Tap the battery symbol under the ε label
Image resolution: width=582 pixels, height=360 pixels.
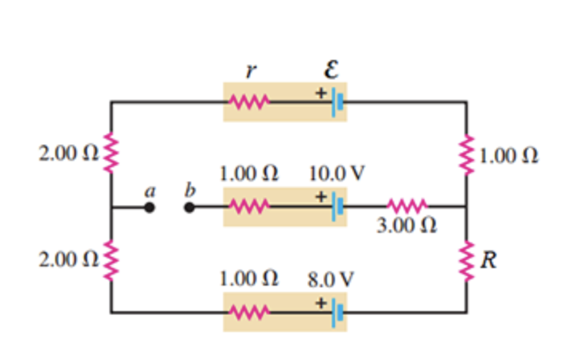click(x=340, y=102)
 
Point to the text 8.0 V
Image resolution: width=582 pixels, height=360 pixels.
click(x=331, y=280)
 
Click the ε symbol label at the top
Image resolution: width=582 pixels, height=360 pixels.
click(x=331, y=70)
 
